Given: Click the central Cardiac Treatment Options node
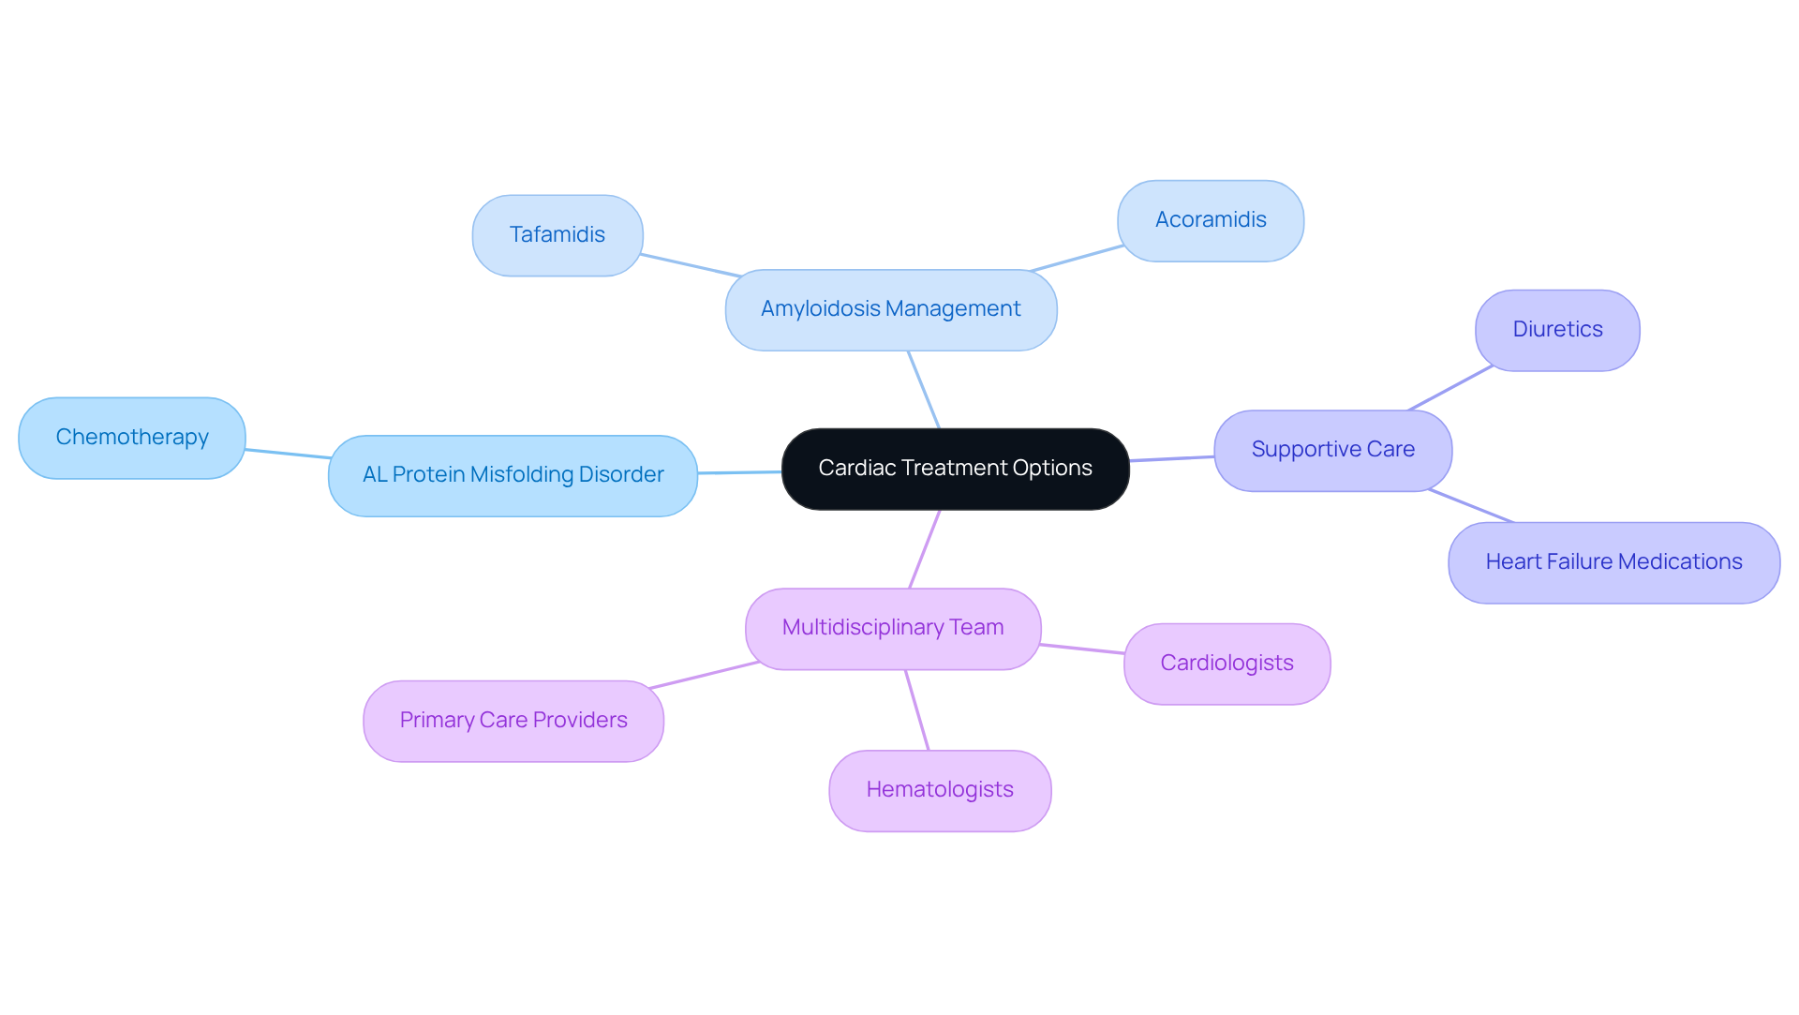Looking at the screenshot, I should click(955, 469).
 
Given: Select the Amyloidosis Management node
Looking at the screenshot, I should click(890, 309).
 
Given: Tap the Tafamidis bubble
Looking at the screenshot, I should click(557, 235).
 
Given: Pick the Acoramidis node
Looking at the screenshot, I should click(1210, 220).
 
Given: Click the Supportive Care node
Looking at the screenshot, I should click(1332, 450).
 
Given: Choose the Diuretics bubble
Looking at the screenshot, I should click(1556, 330).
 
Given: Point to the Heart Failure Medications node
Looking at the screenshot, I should click(1613, 562).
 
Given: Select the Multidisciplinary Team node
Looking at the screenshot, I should click(892, 628).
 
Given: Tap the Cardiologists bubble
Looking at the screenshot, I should click(1226, 664).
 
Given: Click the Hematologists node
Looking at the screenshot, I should click(939, 790).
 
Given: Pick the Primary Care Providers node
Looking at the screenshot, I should click(513, 721).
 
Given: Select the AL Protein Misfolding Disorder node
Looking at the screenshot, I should click(513, 475).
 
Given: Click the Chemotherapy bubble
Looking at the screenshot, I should click(132, 438).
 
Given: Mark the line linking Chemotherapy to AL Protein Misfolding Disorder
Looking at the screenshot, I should click(287, 454).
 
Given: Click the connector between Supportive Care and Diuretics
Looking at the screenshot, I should click(1450, 388).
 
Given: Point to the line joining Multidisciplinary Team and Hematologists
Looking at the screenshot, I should click(916, 709).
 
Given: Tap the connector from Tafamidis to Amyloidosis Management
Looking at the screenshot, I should click(691, 265).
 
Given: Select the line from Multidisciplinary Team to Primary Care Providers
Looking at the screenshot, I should click(704, 675).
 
